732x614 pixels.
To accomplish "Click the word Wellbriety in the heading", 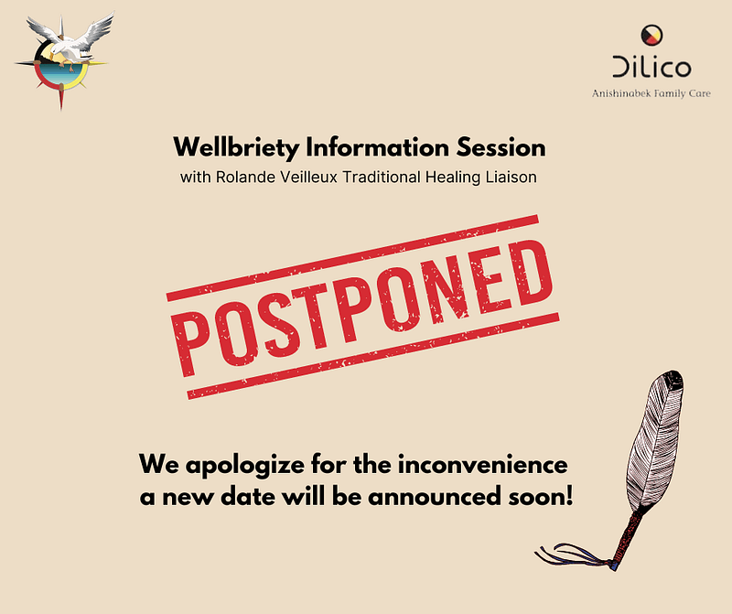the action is point(236,147).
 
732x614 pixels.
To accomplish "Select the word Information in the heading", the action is point(377,147).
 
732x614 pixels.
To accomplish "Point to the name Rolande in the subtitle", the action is point(245,178).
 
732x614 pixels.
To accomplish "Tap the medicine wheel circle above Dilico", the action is point(651,36).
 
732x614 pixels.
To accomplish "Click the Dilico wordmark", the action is point(651,67).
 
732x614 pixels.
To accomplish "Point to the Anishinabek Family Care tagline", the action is point(651,93).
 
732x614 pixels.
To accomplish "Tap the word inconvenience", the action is point(483,465).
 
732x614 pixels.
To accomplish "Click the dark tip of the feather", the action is point(673,378).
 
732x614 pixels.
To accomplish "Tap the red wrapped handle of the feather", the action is point(627,539).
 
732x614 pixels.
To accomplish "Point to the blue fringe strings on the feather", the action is point(575,555).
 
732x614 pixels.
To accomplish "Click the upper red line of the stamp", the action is point(352,258).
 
